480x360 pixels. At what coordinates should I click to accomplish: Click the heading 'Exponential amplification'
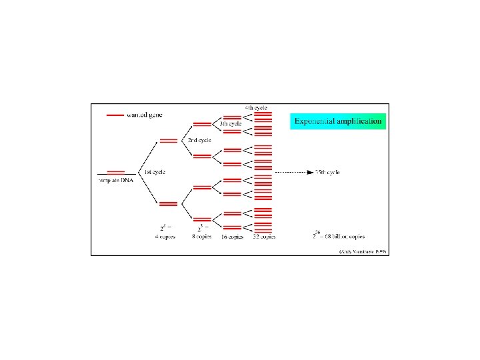point(339,121)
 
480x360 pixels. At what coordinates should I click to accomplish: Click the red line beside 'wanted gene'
point(115,115)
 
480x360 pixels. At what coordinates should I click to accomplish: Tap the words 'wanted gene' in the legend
point(144,115)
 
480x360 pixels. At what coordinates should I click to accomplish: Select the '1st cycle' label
point(155,172)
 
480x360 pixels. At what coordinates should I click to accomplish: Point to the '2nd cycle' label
point(199,141)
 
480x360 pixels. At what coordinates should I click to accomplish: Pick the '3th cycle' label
point(231,124)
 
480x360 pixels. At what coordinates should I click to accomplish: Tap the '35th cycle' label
point(327,172)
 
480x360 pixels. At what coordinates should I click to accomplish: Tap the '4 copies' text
point(165,237)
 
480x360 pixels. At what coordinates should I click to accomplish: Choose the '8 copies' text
point(202,237)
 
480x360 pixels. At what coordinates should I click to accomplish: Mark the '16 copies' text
point(233,237)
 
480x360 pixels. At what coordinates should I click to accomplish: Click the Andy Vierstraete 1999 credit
point(363,251)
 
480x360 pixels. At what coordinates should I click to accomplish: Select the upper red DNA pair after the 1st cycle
point(168,141)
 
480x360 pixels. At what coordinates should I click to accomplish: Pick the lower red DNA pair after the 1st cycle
point(168,204)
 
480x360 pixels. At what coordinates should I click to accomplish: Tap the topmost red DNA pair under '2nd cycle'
point(201,125)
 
